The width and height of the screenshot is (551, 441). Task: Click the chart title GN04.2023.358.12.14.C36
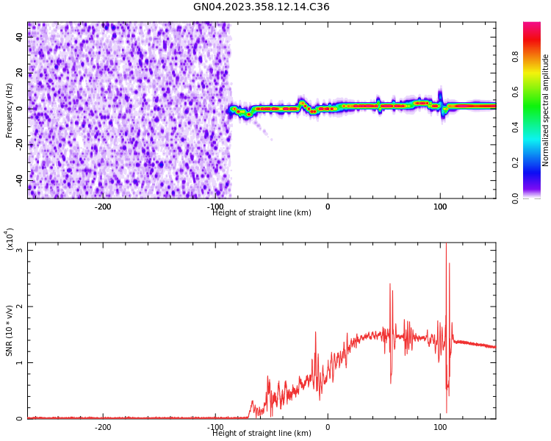pos(261,7)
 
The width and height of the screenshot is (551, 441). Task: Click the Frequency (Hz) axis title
pos(10,110)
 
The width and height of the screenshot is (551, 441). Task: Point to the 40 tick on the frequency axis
pos(20,37)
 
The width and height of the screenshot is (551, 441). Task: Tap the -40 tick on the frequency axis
pos(18,179)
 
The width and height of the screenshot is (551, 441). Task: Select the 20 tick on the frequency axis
pos(20,73)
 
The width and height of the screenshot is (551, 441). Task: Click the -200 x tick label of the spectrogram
pos(103,207)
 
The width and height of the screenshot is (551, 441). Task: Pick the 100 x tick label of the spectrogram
pos(440,207)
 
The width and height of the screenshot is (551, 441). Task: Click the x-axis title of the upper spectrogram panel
pos(262,213)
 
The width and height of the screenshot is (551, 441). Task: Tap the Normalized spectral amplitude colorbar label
pos(546,110)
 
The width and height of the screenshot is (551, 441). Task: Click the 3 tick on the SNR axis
pos(20,251)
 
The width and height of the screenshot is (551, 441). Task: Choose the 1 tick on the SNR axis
pos(20,363)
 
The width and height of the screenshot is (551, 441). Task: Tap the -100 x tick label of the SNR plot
pos(215,427)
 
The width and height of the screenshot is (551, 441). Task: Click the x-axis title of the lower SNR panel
pos(262,434)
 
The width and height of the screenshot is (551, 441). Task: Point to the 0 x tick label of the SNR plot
pos(328,427)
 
